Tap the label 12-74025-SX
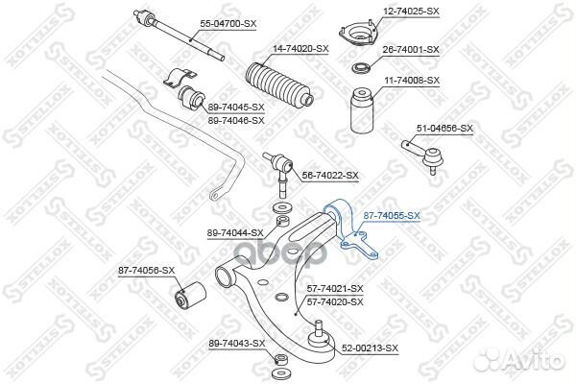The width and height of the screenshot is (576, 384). pos(411,12)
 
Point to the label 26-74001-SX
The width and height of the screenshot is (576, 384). pos(411,49)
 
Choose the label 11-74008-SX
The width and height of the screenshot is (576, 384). pos(411,81)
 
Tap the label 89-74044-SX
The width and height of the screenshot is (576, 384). pos(235,233)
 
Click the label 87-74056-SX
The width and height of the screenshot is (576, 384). pos(146,271)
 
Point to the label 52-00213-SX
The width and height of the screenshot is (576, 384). pos(370,347)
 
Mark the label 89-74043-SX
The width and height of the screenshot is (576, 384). pos(236,343)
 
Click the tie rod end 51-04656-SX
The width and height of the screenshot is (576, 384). pos(421,152)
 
